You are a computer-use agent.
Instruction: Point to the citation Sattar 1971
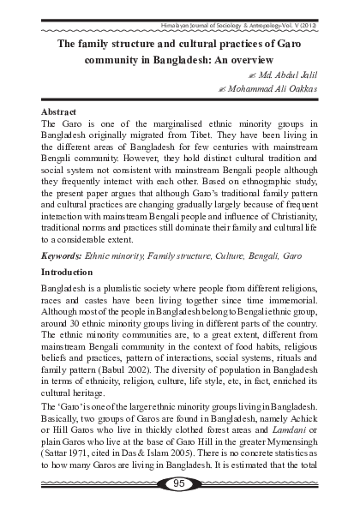point(65,463)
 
